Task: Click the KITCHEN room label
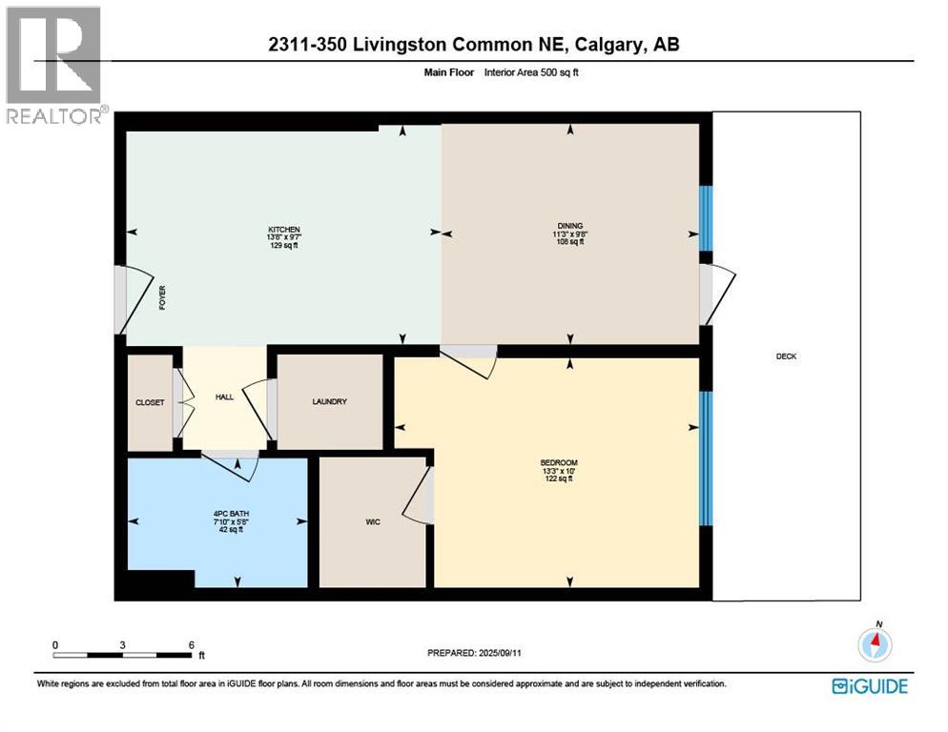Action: pyautogui.click(x=284, y=230)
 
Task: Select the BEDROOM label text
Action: pyautogui.click(x=558, y=463)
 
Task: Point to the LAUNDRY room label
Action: pyautogui.click(x=329, y=402)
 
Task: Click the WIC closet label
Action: pyautogui.click(x=373, y=521)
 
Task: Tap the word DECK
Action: pyautogui.click(x=786, y=356)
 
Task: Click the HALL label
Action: pyautogui.click(x=224, y=397)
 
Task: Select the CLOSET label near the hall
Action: pyautogui.click(x=150, y=403)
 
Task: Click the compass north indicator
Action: pyautogui.click(x=876, y=643)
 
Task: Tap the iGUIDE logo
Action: pyautogui.click(x=869, y=686)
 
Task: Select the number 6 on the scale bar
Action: pyautogui.click(x=191, y=644)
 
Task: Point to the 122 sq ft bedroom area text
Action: pyautogui.click(x=558, y=478)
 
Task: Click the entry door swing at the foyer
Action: pyautogui.click(x=132, y=298)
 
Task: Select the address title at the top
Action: pyautogui.click(x=473, y=44)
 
